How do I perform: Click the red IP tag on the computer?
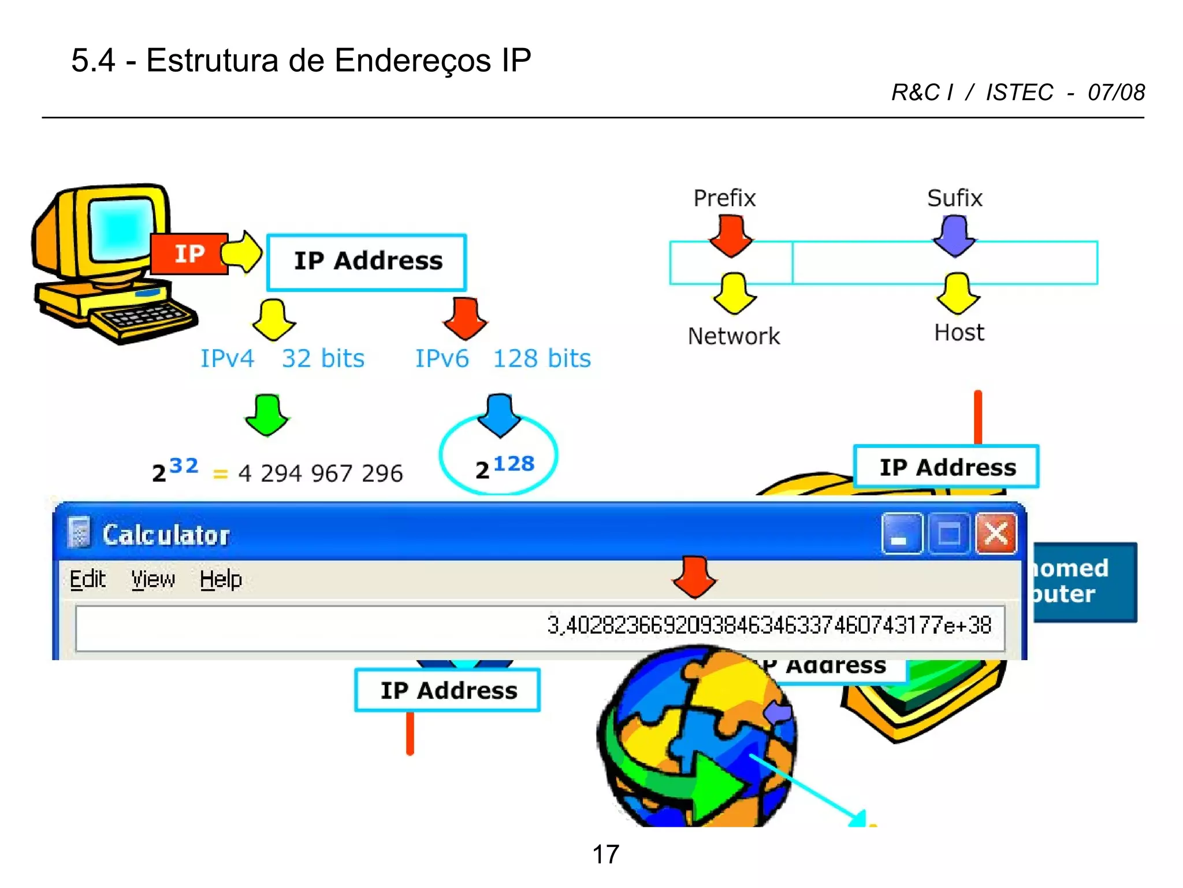(189, 254)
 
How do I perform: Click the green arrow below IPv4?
(267, 415)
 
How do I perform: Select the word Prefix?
(724, 198)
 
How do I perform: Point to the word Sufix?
(954, 198)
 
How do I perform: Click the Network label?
(734, 336)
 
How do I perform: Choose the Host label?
(959, 333)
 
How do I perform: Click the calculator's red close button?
(996, 534)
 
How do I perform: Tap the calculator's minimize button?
(902, 534)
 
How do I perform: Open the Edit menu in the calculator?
(87, 579)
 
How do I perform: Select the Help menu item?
(221, 579)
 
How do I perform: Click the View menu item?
(152, 579)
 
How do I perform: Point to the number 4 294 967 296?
(320, 473)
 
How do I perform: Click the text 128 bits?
(542, 358)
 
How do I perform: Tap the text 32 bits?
(323, 358)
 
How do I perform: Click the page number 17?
(605, 854)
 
